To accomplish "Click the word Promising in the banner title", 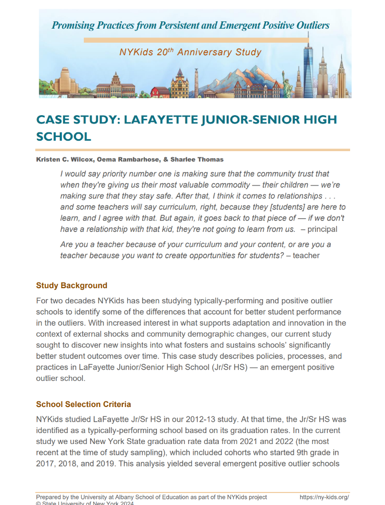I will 73,25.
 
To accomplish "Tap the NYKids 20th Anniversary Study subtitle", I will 190,53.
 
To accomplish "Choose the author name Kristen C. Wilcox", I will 65,159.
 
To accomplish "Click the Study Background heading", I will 71,286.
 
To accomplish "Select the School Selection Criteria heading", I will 83,404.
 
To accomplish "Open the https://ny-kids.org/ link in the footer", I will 325,497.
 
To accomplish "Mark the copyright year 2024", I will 126,503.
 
